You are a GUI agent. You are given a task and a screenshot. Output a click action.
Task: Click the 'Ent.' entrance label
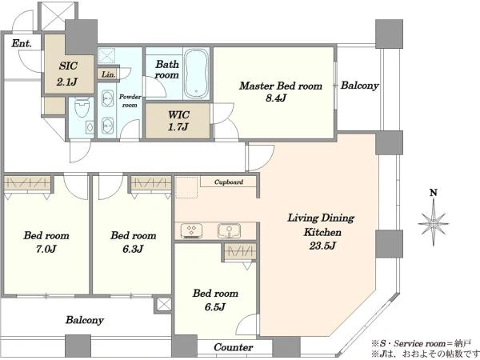click(x=22, y=43)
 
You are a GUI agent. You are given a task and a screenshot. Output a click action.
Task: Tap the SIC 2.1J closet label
click(x=68, y=74)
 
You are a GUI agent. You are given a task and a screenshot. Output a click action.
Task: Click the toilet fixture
click(x=82, y=110)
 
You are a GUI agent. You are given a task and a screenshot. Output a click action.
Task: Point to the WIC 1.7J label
click(x=178, y=121)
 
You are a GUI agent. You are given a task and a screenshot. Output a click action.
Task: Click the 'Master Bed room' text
click(x=281, y=86)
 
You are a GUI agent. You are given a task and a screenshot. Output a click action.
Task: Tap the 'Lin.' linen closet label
click(x=108, y=74)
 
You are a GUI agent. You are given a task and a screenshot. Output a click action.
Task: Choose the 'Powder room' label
click(x=130, y=101)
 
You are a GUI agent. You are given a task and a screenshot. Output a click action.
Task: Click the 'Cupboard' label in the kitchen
click(x=229, y=182)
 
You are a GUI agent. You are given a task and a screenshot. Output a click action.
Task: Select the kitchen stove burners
click(x=192, y=230)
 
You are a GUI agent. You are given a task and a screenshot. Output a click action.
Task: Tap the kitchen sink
click(x=229, y=230)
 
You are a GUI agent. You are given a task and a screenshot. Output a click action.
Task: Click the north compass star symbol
click(x=434, y=222)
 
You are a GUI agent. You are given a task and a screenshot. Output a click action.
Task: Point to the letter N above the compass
click(x=434, y=193)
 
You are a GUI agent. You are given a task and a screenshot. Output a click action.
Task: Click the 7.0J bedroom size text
click(x=46, y=249)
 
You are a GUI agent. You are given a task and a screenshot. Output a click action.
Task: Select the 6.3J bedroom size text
click(x=133, y=249)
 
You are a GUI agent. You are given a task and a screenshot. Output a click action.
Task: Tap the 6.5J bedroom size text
click(x=215, y=306)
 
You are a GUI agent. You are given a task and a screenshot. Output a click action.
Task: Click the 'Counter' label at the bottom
click(x=234, y=347)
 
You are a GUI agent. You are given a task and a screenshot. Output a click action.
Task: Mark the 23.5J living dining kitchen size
click(x=322, y=246)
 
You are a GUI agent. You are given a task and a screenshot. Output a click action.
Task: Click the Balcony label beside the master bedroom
click(x=360, y=86)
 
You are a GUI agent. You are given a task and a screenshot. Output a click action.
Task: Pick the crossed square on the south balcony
click(x=164, y=305)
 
